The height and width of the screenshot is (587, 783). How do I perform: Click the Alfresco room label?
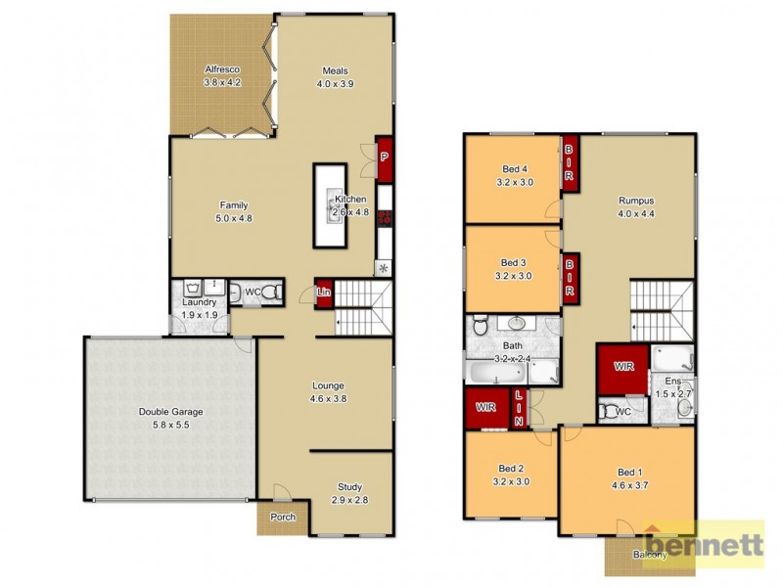pos(222,76)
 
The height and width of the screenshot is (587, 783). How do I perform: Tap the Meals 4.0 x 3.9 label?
pos(335,77)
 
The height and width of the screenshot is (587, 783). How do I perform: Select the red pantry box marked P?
pos(384,158)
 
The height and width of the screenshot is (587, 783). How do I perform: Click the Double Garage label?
pos(170,418)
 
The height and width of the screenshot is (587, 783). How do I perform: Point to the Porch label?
pos(283,518)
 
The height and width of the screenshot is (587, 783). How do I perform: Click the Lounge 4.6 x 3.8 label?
pos(328,391)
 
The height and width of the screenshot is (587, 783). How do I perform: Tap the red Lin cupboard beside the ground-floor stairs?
pos(323,293)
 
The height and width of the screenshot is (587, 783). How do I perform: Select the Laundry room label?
pos(199,308)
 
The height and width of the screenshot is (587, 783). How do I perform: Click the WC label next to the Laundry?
pos(253,292)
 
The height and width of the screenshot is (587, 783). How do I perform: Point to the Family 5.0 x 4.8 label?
pos(233,211)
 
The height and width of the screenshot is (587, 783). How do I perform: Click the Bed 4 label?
pos(514,174)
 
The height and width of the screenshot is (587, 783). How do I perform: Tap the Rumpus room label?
pos(635,207)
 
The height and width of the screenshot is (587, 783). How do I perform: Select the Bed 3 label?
pos(514,269)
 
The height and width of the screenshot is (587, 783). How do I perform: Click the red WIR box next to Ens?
pos(622,366)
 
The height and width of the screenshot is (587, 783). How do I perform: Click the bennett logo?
pos(703,543)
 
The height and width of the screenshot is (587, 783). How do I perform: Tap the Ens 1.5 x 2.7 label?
pos(673,387)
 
